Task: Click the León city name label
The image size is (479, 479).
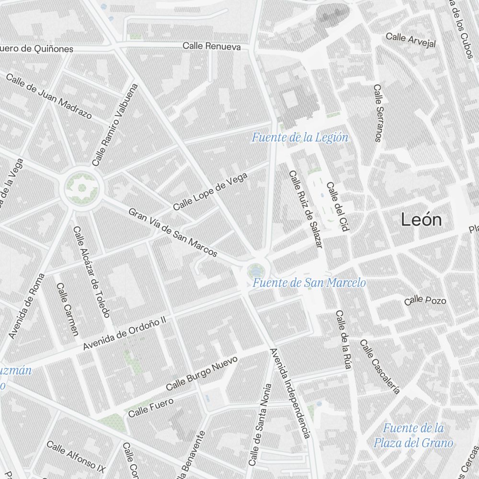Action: [x=421, y=220]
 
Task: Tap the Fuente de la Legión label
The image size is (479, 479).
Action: [x=300, y=138]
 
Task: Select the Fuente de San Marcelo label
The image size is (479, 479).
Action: [x=309, y=283]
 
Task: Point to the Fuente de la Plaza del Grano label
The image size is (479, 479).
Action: [x=413, y=435]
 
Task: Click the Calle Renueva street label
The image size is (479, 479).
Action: [x=211, y=46]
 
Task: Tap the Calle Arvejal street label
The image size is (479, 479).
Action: [x=411, y=40]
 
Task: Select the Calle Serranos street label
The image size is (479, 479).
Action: [x=378, y=113]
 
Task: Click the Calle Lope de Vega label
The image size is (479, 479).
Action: [x=210, y=192]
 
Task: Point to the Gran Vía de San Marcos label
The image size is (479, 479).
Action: [x=172, y=233]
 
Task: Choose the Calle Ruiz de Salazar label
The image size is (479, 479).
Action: [x=305, y=209]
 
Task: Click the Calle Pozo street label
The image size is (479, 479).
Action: [x=425, y=300]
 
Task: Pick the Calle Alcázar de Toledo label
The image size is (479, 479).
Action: [x=91, y=272]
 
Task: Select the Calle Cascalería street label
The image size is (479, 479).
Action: [x=380, y=366]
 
